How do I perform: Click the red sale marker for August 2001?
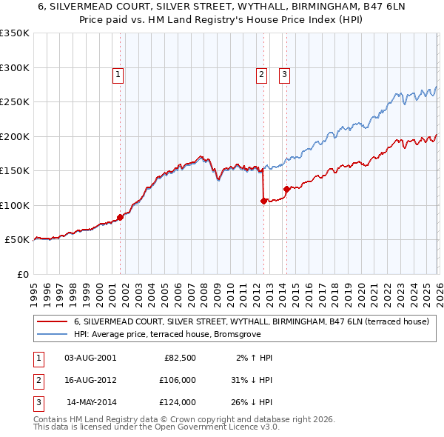pyautogui.click(x=120, y=217)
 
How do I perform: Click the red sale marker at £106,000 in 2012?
pyautogui.click(x=263, y=200)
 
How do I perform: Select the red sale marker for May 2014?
pyautogui.click(x=286, y=189)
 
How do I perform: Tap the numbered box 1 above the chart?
pyautogui.click(x=118, y=73)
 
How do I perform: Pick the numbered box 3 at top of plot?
pyautogui.click(x=285, y=73)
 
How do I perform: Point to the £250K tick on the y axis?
pyautogui.click(x=15, y=102)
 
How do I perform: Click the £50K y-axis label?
pyautogui.click(x=17, y=240)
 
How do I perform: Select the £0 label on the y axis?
pyautogui.click(x=23, y=274)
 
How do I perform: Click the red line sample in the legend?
pyautogui.click(x=51, y=321)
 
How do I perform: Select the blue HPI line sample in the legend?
pyautogui.click(x=51, y=334)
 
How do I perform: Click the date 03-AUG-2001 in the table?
pyautogui.click(x=90, y=358)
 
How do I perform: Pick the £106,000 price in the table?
pyautogui.click(x=176, y=380)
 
